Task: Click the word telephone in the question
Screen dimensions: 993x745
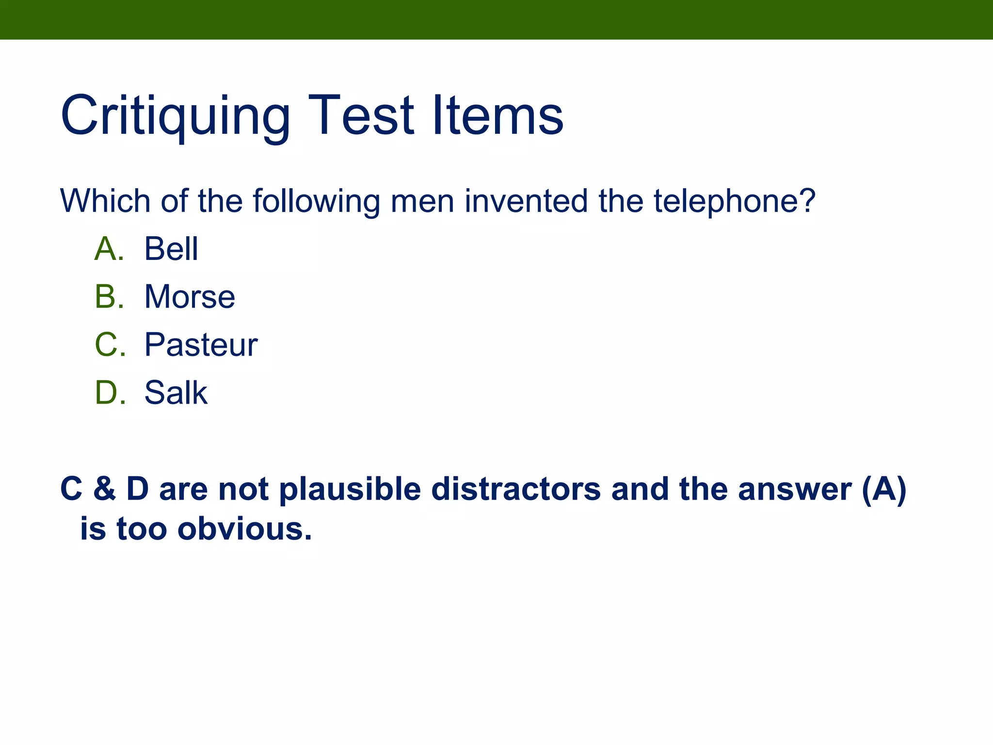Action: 735,201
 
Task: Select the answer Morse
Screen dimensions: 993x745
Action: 190,297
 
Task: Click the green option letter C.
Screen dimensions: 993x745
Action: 109,345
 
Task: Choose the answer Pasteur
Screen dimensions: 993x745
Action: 201,345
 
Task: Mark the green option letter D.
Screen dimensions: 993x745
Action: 109,392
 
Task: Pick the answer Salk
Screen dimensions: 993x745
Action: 176,392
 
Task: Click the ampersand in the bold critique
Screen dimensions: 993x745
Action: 104,489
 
